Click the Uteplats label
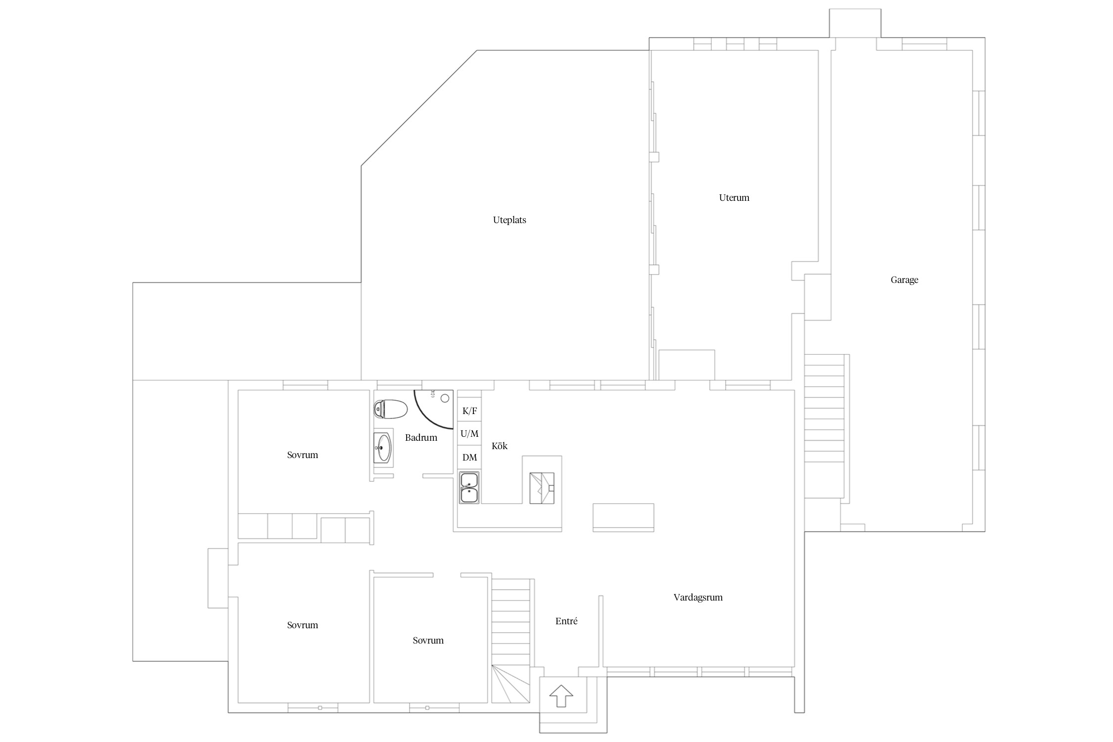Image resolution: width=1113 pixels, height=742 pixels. pyautogui.click(x=509, y=220)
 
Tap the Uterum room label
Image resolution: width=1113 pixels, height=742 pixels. pyautogui.click(x=734, y=198)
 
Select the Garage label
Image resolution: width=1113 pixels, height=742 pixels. pyautogui.click(x=904, y=280)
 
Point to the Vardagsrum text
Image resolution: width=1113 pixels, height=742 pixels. pyautogui.click(x=698, y=598)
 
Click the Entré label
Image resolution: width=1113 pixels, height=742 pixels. pyautogui.click(x=566, y=621)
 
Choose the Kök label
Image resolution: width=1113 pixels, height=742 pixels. pyautogui.click(x=500, y=446)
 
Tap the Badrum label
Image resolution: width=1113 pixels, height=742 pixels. pyautogui.click(x=421, y=437)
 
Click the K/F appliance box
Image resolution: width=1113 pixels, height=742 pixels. pyautogui.click(x=469, y=410)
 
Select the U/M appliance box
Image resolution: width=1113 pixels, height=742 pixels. pyautogui.click(x=469, y=434)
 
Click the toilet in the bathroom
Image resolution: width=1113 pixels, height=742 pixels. pyautogui.click(x=391, y=409)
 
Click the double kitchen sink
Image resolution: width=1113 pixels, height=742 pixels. pyautogui.click(x=469, y=488)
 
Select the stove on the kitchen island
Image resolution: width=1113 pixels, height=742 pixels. pyautogui.click(x=542, y=488)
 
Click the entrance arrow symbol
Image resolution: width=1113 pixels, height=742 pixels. pyautogui.click(x=561, y=696)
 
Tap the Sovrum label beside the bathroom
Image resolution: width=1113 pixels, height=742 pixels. pyautogui.click(x=302, y=455)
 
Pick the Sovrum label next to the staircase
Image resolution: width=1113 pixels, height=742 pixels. pyautogui.click(x=428, y=641)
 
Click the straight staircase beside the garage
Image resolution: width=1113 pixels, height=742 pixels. pyautogui.click(x=824, y=426)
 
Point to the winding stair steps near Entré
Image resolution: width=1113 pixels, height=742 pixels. pyautogui.click(x=511, y=684)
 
